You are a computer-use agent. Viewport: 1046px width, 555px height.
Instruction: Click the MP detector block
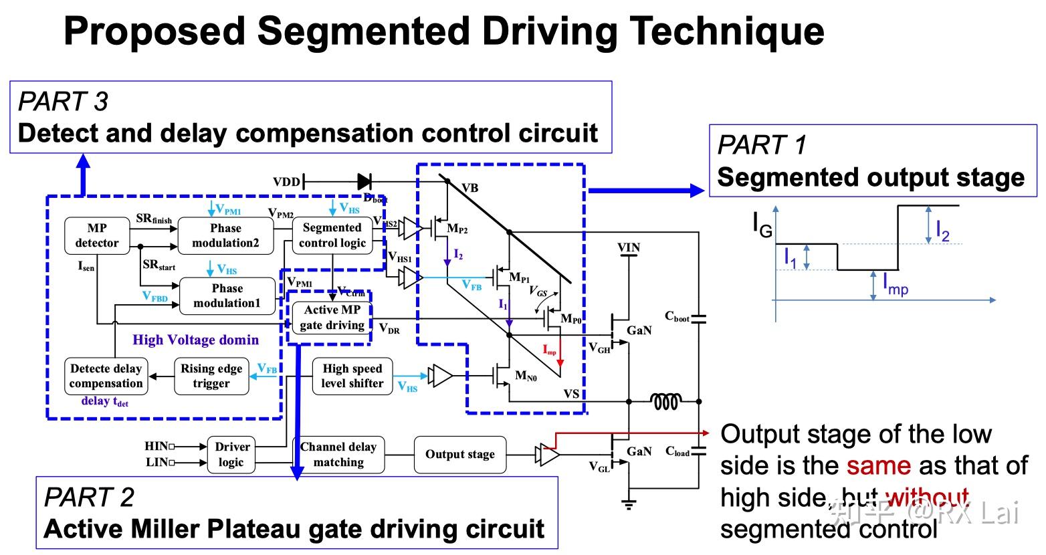click(97, 235)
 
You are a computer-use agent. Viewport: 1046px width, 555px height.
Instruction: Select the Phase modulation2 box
click(226, 235)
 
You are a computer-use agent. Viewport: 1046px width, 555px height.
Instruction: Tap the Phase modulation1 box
click(227, 296)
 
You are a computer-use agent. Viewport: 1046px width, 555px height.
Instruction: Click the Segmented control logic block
click(332, 235)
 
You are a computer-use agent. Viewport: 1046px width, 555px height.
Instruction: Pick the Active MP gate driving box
click(332, 318)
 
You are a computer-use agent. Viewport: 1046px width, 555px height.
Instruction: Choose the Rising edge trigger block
click(211, 376)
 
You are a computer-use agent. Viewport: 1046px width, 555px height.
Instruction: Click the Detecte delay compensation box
click(106, 376)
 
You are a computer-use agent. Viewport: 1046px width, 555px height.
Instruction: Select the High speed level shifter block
click(352, 376)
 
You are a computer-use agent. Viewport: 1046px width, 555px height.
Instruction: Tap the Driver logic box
click(231, 455)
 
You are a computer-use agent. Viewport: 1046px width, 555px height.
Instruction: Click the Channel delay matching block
click(338, 455)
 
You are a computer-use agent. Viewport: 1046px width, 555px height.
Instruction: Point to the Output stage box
click(460, 455)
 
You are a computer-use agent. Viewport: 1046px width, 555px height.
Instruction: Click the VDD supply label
click(286, 182)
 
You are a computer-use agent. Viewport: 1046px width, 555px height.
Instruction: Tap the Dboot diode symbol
click(364, 181)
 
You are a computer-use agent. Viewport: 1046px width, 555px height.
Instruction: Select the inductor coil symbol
click(666, 401)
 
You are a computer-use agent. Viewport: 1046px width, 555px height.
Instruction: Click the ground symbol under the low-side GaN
click(629, 504)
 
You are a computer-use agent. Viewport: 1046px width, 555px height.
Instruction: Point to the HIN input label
click(156, 446)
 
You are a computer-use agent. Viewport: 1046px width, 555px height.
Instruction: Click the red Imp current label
click(549, 350)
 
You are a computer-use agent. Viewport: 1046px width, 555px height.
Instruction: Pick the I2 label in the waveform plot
click(942, 231)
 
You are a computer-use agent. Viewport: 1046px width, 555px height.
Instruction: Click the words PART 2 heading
click(89, 497)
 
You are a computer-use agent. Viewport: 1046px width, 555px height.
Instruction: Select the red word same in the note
click(878, 465)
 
